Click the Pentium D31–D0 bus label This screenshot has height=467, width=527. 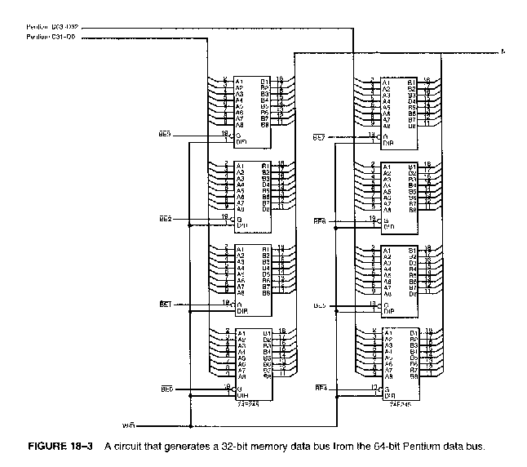coord(54,37)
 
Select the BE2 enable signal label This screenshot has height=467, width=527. coord(164,220)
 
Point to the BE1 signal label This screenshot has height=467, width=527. coord(164,303)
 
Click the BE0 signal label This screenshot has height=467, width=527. coord(164,388)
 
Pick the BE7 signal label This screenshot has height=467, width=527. coord(320,137)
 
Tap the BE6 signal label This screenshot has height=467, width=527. coord(320,220)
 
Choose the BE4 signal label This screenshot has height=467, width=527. coord(320,389)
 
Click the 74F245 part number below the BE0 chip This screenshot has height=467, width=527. coord(247,403)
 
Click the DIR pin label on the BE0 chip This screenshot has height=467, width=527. coord(241,395)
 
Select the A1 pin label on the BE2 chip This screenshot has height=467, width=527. coord(240,165)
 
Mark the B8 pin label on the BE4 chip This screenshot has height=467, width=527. coord(414,376)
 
